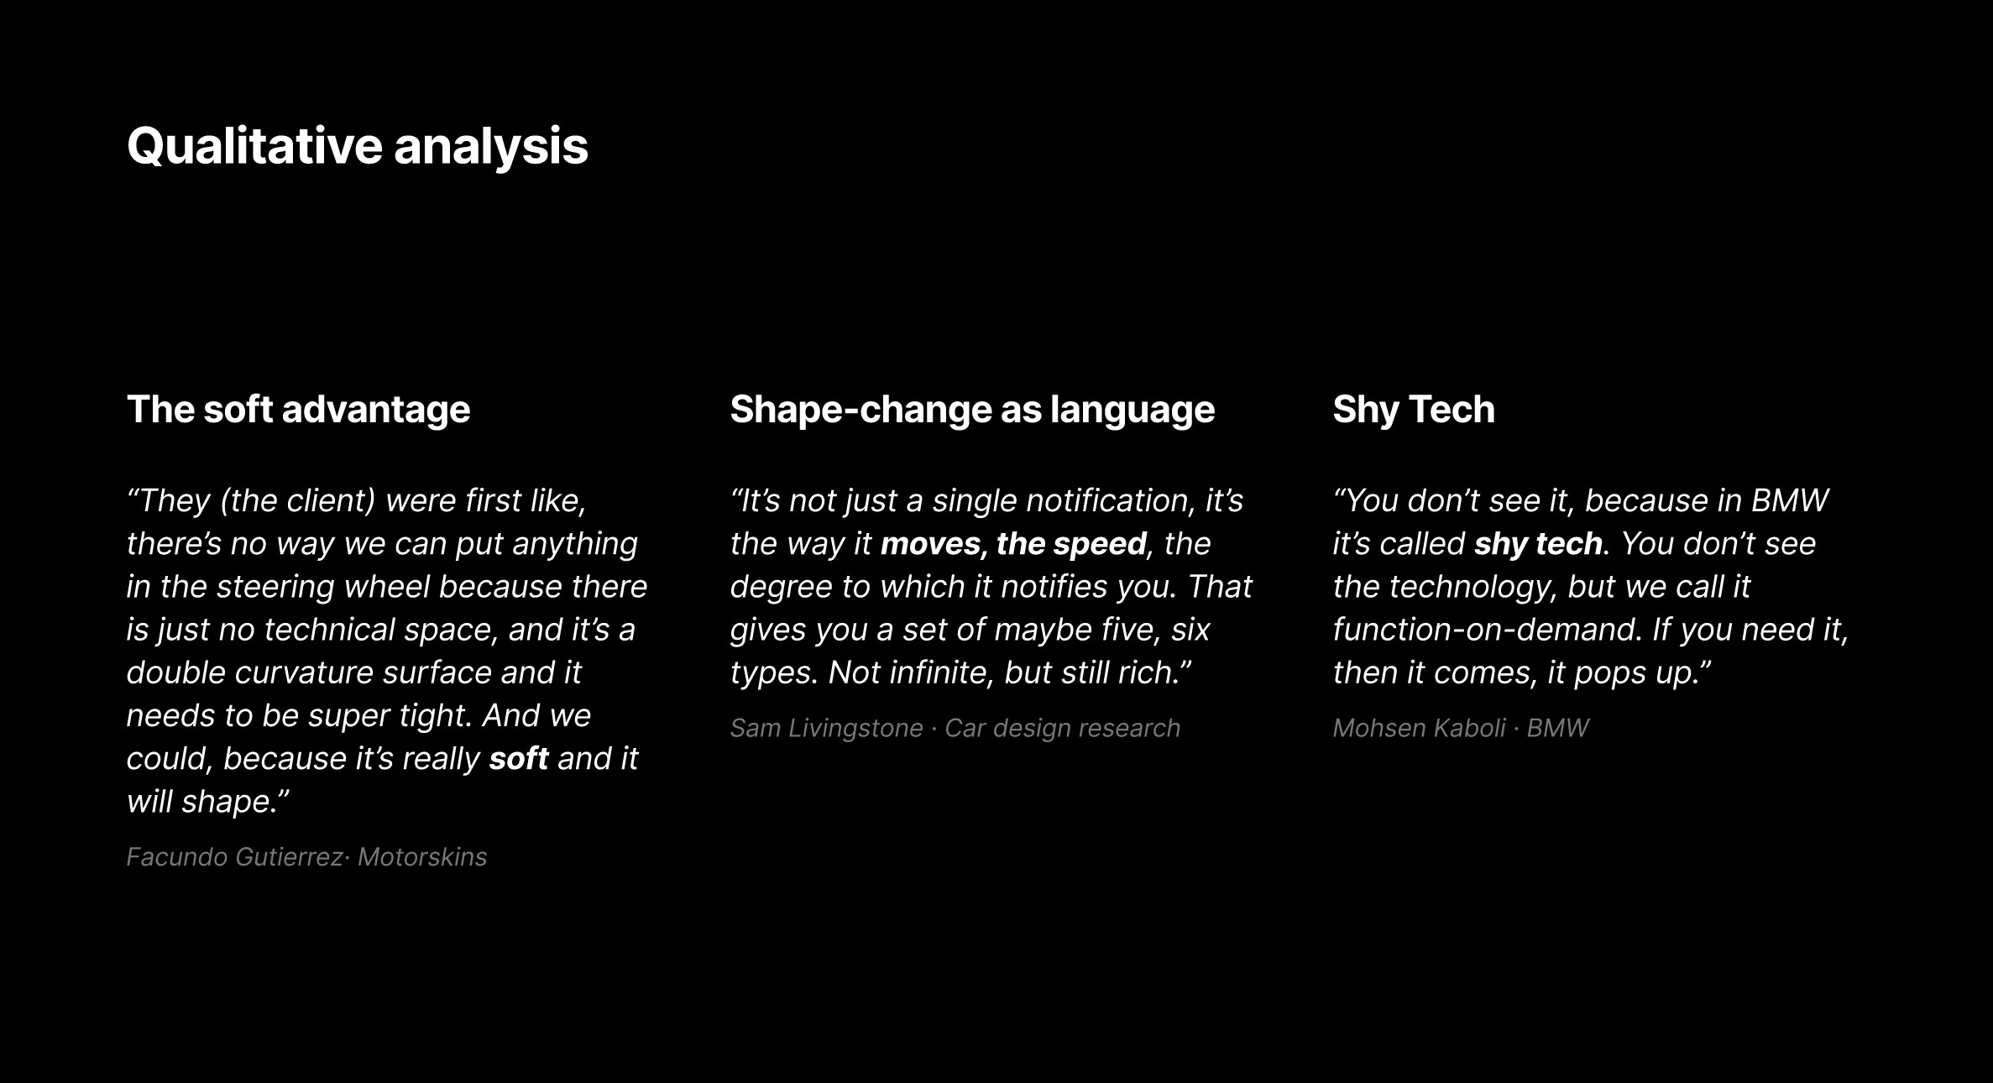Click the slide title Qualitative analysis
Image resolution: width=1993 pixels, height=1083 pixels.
click(x=358, y=147)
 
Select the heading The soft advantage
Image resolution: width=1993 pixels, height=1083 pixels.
click(x=298, y=410)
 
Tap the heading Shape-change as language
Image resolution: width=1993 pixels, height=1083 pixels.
click(x=972, y=410)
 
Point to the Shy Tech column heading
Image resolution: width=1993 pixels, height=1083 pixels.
click(x=1414, y=410)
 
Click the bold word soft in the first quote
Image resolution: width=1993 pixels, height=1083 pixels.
click(x=518, y=758)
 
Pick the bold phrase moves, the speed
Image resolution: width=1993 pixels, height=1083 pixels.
click(x=1013, y=544)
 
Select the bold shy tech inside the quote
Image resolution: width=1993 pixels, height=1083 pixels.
click(x=1538, y=544)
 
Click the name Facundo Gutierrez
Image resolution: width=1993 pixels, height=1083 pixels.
click(x=234, y=857)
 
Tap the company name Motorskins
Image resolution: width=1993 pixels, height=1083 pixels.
click(x=422, y=857)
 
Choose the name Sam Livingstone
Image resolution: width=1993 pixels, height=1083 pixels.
click(x=826, y=729)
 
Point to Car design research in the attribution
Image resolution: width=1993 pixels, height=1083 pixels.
click(x=1062, y=729)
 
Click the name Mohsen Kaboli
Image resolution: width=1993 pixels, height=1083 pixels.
click(x=1419, y=728)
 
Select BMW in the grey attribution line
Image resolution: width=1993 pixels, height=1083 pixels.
click(x=1557, y=728)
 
